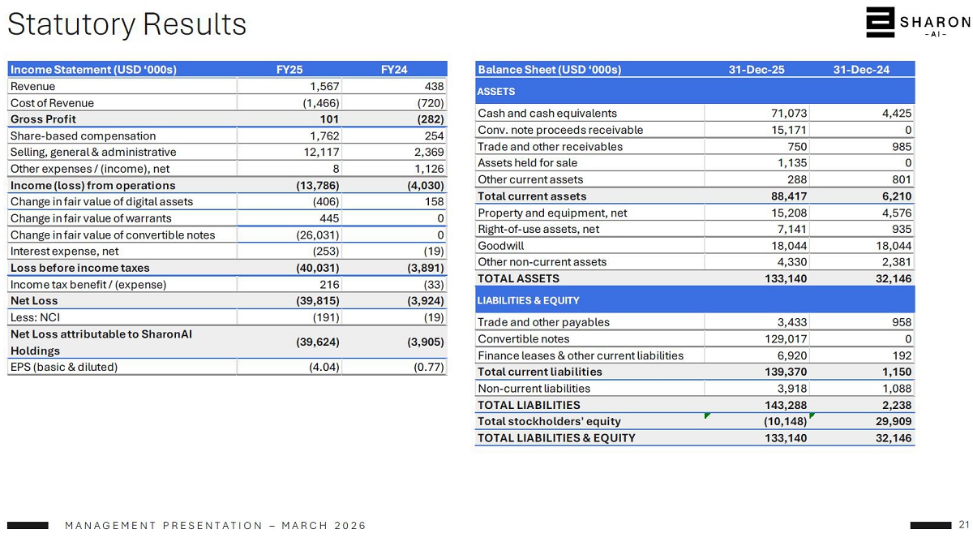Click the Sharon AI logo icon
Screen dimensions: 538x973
[879, 23]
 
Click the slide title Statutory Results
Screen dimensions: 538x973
[126, 24]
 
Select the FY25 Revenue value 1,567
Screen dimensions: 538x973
[324, 87]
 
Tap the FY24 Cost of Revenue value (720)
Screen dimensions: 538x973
[431, 103]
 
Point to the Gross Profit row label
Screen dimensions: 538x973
[43, 119]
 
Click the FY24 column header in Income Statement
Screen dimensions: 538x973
[394, 70]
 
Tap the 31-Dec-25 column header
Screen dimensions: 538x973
[757, 70]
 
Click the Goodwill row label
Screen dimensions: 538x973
[501, 246]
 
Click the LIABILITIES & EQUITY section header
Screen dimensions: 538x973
[528, 300]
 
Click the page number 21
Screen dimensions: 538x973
[964, 524]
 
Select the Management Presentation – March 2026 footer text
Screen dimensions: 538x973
[216, 526]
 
